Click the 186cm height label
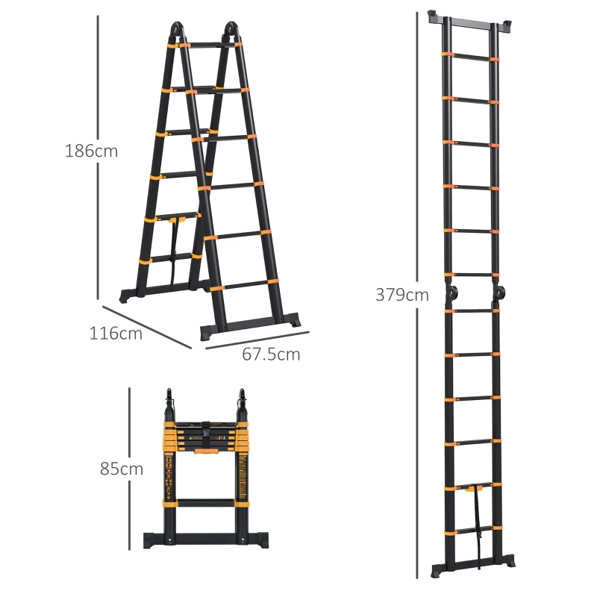click(x=91, y=151)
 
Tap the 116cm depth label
click(x=116, y=334)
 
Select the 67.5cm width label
click(x=271, y=354)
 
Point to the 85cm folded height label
click(x=122, y=469)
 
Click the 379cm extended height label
click(x=402, y=295)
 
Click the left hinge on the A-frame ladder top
click(x=175, y=32)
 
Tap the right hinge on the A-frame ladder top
click(x=231, y=32)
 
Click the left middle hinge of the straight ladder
click(x=451, y=293)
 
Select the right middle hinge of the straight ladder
click(x=498, y=293)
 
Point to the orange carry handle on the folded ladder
click(x=204, y=450)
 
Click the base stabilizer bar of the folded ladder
click(x=204, y=540)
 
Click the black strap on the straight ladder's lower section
click(x=475, y=515)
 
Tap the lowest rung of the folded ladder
click(x=204, y=504)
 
